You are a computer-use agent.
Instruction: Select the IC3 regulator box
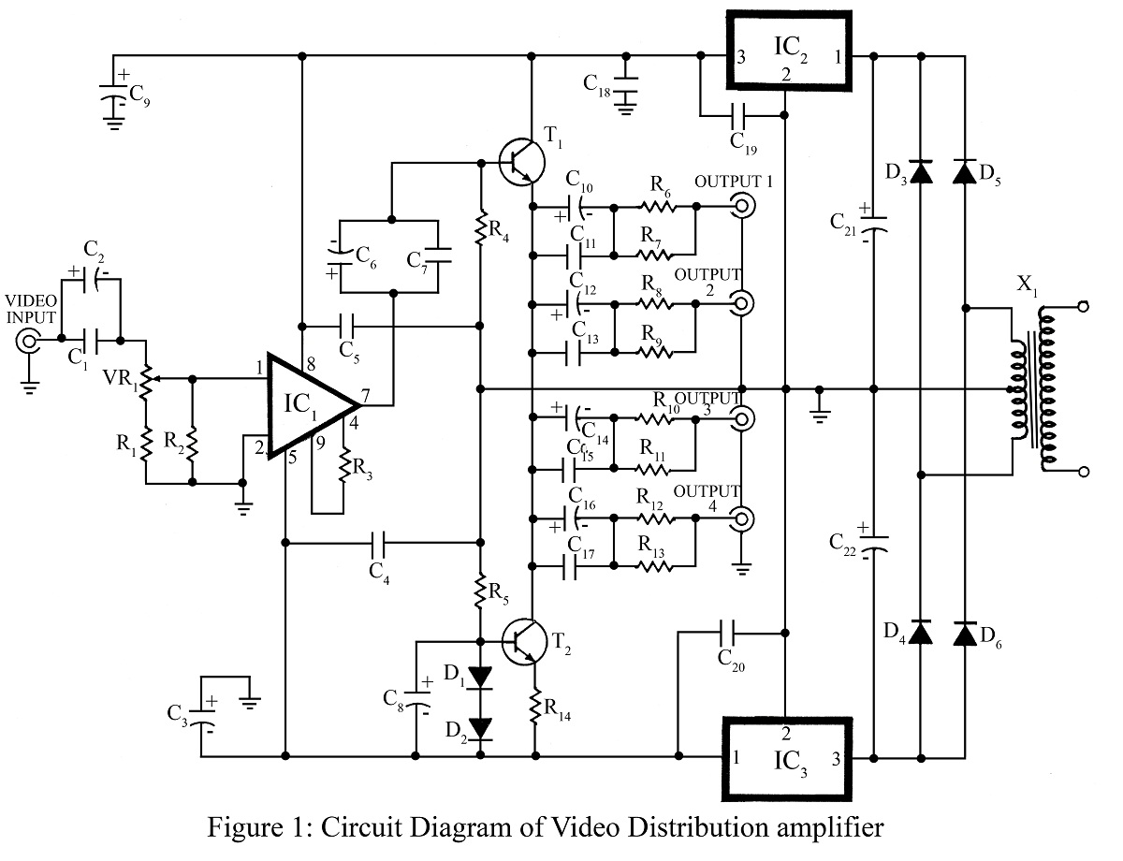point(786,758)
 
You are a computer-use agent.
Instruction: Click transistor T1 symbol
point(518,160)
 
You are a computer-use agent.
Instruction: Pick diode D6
point(964,634)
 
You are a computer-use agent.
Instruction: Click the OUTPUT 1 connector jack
point(741,205)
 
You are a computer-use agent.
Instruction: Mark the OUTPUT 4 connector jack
point(741,518)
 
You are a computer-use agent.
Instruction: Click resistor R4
point(480,228)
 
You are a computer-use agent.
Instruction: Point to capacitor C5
point(347,327)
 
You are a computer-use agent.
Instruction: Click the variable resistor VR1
point(146,379)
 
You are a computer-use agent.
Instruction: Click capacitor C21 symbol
point(873,226)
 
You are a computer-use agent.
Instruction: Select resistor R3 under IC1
point(344,463)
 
